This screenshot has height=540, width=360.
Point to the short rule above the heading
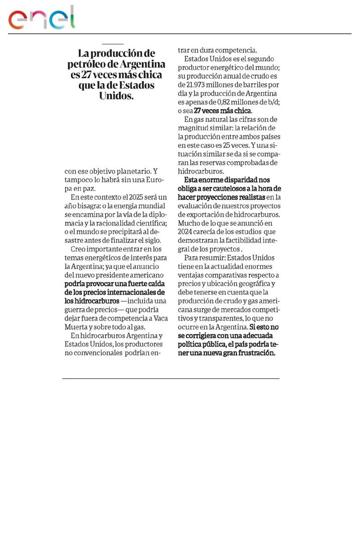click(x=112, y=44)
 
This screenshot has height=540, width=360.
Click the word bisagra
click(x=84, y=206)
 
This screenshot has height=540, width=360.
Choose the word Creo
click(x=79, y=249)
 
